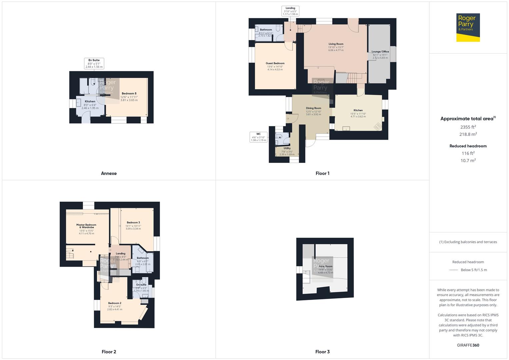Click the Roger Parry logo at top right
point(468,27)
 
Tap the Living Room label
point(336,44)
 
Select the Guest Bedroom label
point(275,63)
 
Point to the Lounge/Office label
point(380,52)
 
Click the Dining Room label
point(313,108)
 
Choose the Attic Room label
point(326,266)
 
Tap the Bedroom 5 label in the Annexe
point(129,94)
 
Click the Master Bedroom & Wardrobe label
point(86,226)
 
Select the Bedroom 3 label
point(133,222)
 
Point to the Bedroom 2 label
point(115,303)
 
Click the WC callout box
point(258,137)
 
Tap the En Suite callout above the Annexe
point(94,63)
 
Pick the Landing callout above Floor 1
point(290,11)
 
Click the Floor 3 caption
point(322,352)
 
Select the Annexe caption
point(109,173)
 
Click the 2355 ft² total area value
point(468,127)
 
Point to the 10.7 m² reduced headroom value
point(468,160)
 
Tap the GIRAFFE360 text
point(468,345)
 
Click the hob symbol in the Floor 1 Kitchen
point(378,126)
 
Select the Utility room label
point(287,148)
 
